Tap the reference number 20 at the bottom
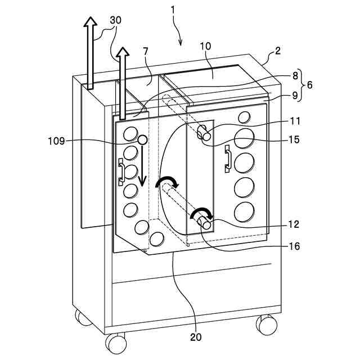tap(196, 337)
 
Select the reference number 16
tap(295, 246)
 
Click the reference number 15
tap(295, 139)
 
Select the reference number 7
tap(146, 52)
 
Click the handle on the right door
tap(228, 157)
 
